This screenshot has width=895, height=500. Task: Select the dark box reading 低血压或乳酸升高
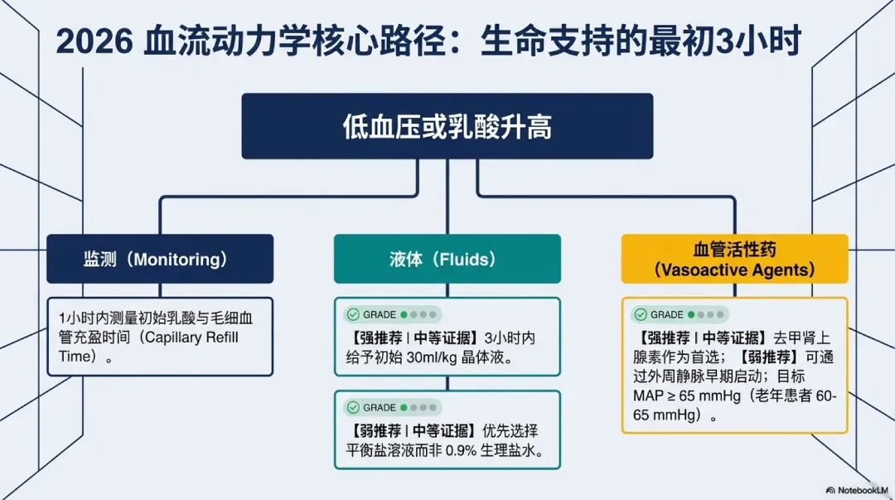click(x=447, y=126)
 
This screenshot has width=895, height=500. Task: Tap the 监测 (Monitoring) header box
click(x=160, y=259)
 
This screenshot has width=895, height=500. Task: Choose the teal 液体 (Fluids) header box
click(x=447, y=259)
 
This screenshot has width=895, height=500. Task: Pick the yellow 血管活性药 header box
click(x=734, y=259)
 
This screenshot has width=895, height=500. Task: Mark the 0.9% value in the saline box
click(x=468, y=450)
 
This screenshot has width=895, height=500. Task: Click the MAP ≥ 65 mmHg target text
click(x=686, y=396)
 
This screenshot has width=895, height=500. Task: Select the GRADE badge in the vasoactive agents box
click(x=680, y=314)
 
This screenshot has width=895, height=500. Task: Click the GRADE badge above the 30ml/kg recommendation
click(x=392, y=314)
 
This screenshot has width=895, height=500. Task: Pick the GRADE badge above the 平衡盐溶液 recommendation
click(x=392, y=407)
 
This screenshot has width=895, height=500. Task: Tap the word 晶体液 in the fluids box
click(x=495, y=357)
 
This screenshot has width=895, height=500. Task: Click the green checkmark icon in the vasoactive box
click(x=640, y=314)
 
